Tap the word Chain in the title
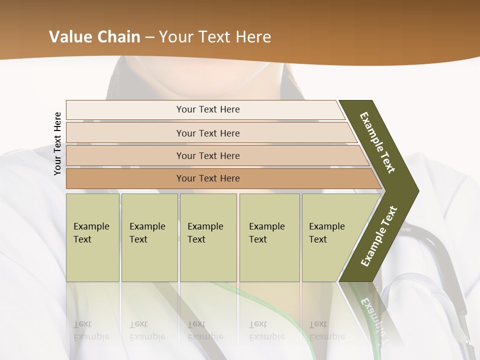point(118,37)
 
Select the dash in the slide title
point(149,37)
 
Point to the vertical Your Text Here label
point(57,143)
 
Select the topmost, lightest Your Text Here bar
point(207,109)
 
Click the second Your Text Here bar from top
point(207,133)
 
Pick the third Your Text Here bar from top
point(207,155)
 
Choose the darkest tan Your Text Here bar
point(207,178)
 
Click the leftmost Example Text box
point(92,237)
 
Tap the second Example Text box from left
point(149,237)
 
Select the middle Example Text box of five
point(208,237)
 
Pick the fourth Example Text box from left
point(269,237)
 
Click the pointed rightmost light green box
point(330,237)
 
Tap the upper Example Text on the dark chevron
point(377,142)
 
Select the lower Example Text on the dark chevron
point(379,236)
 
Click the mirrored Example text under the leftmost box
point(91,330)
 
